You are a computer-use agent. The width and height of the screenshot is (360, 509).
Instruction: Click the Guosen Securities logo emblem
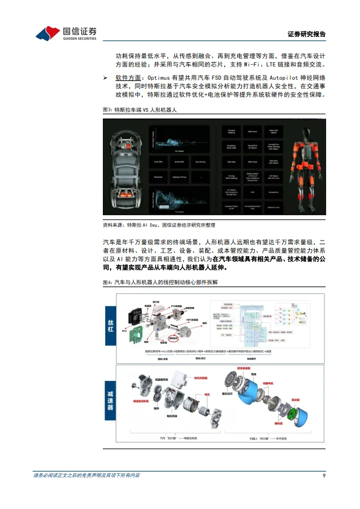pyautogui.click(x=48, y=34)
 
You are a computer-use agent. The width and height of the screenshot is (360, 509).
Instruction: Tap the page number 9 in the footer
pyautogui.click(x=324, y=476)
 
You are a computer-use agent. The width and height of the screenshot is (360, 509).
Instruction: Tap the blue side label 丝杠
pyautogui.click(x=111, y=324)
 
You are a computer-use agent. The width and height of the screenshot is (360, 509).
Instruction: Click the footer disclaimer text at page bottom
pyautogui.click(x=87, y=476)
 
